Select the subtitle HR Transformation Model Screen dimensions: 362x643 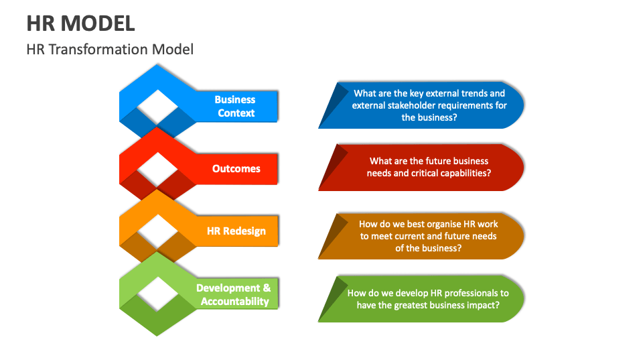110,49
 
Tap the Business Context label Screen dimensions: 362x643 235,106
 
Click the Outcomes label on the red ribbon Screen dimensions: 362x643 236,168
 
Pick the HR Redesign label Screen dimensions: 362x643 236,231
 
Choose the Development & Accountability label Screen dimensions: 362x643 234,294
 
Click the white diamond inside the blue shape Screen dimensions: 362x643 157,106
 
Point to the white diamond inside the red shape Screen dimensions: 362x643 157,168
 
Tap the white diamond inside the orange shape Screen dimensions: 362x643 157,231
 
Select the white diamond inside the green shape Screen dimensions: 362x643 157,294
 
